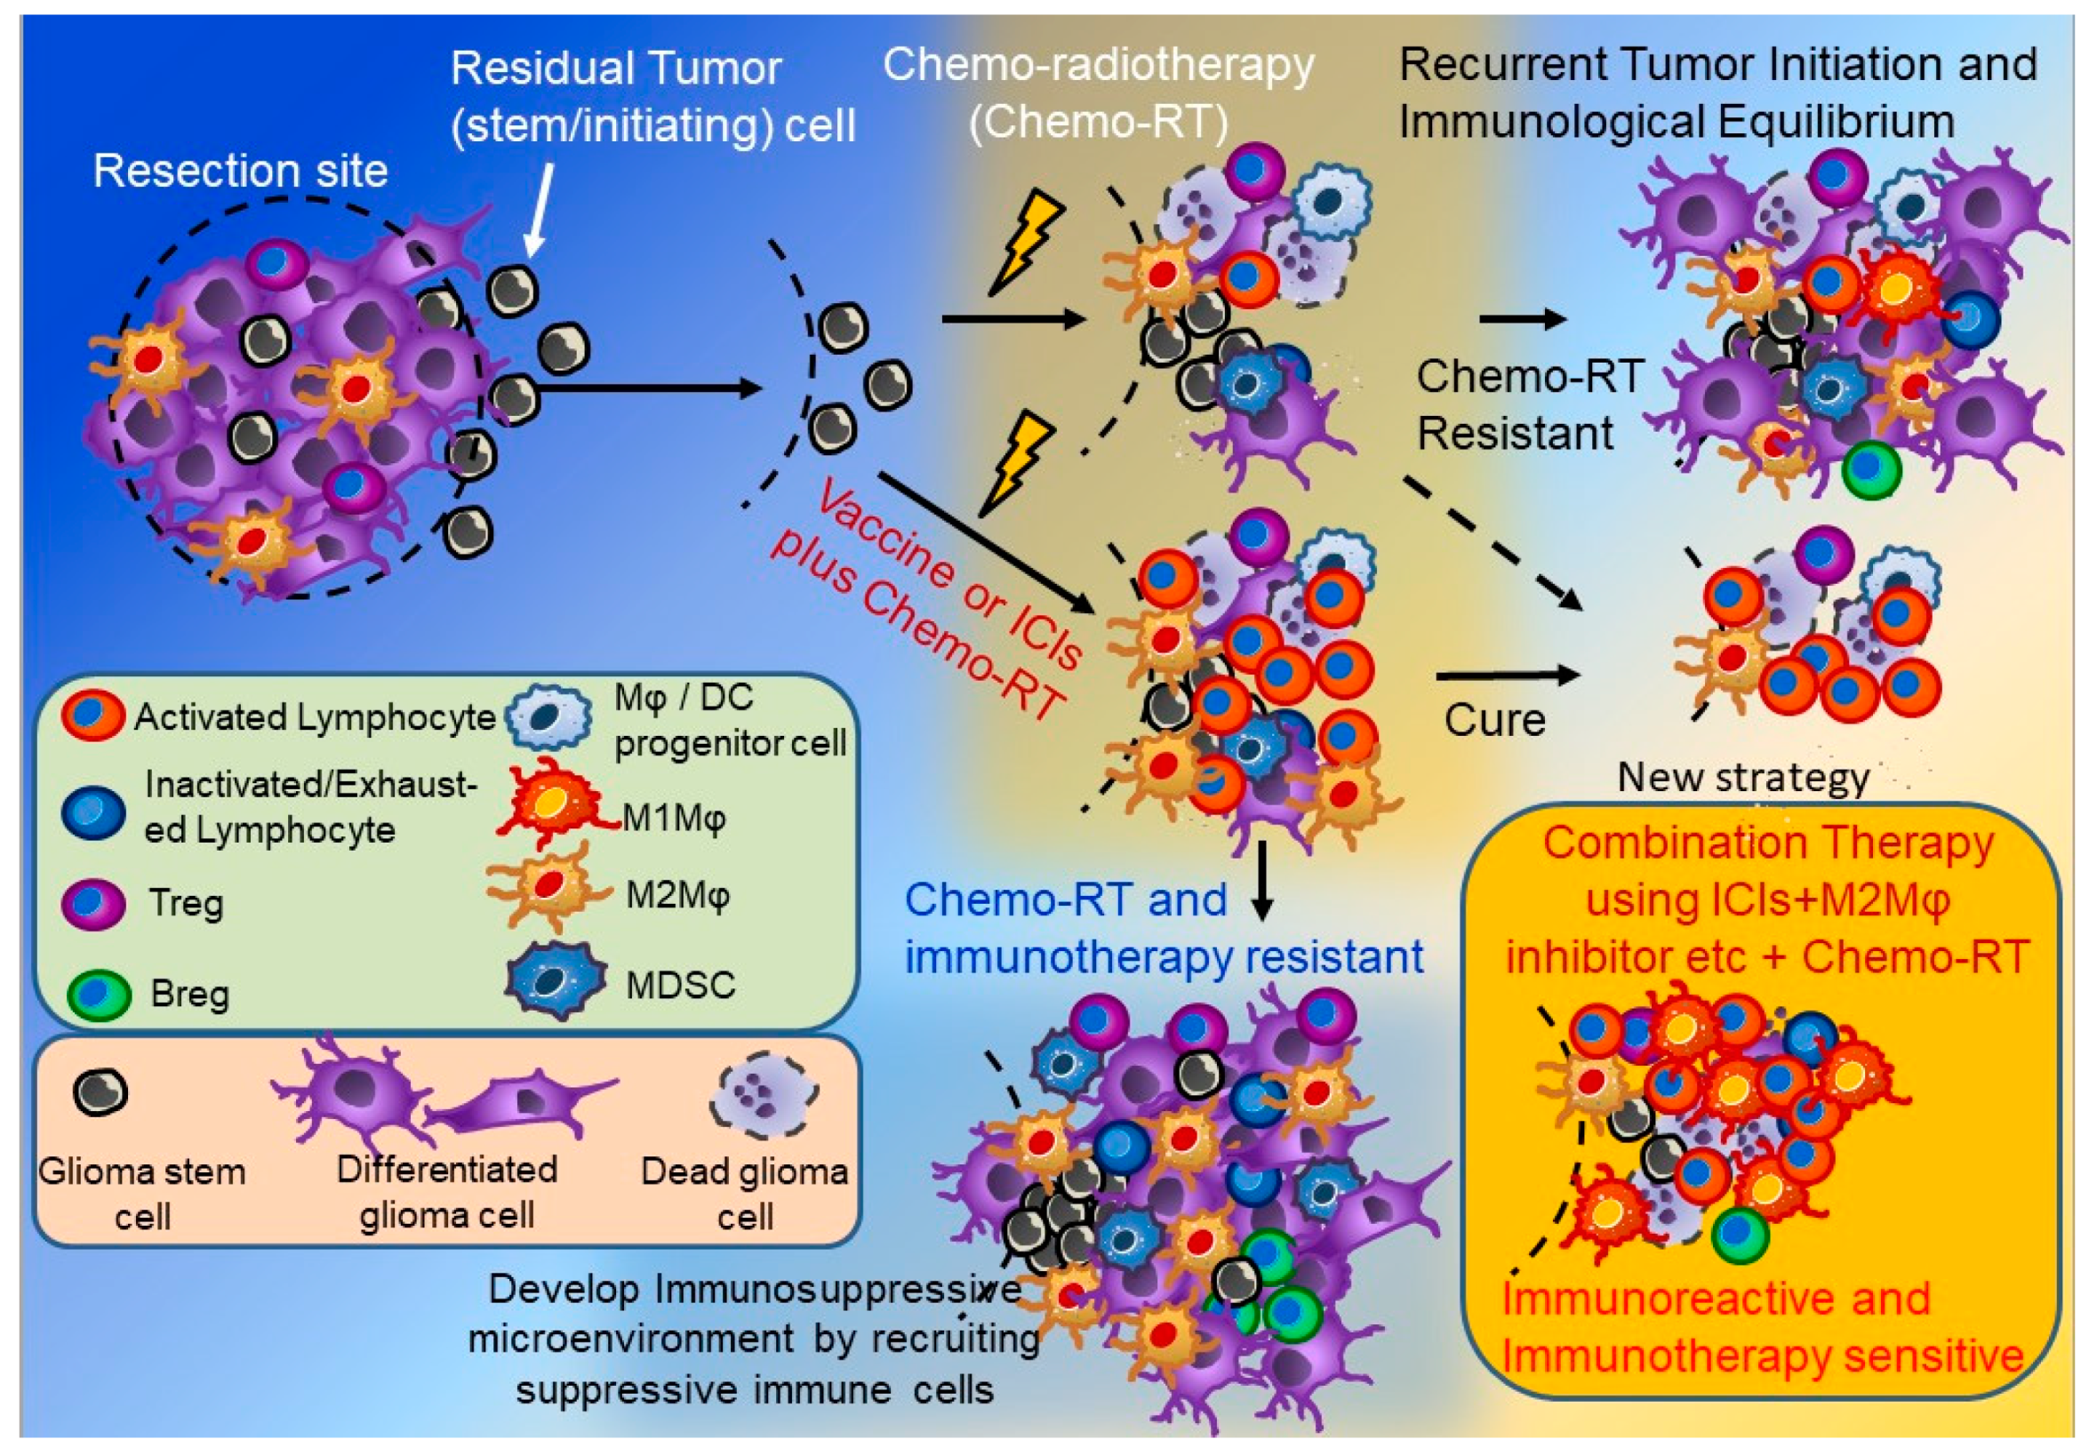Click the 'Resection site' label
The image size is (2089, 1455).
pyautogui.click(x=240, y=171)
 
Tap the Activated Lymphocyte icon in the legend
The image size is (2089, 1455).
pyautogui.click(x=92, y=716)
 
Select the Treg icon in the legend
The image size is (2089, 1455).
pyautogui.click(x=92, y=903)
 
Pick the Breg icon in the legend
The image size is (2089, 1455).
pyautogui.click(x=99, y=995)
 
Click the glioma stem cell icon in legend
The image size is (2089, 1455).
pyautogui.click(x=100, y=1092)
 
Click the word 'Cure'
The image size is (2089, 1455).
pyautogui.click(x=1495, y=721)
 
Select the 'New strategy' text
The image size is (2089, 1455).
pyautogui.click(x=1743, y=778)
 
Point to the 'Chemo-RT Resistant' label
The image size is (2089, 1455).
pyautogui.click(x=1529, y=405)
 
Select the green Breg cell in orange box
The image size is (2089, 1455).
pyautogui.click(x=1740, y=1235)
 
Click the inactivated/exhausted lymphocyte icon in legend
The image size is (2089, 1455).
pyautogui.click(x=93, y=811)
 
